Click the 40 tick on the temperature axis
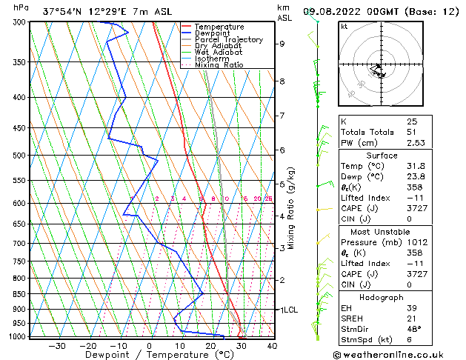[x=272, y=345]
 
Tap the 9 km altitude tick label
[x=282, y=44]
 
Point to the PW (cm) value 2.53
[x=414, y=143]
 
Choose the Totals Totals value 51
[x=411, y=132]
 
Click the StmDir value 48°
[x=413, y=328]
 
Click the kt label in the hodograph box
[x=344, y=27]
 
